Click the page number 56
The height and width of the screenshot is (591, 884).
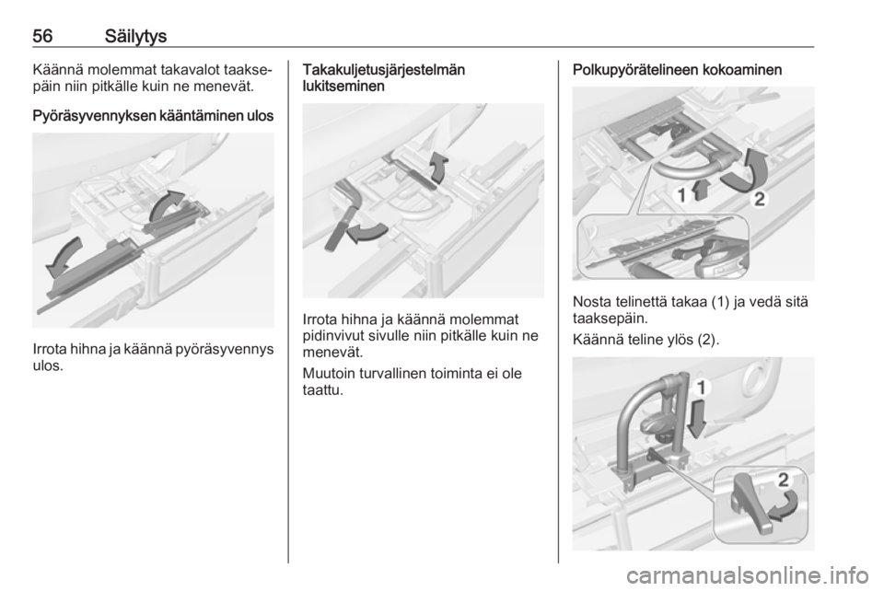coord(43,36)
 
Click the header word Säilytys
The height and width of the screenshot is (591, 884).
coord(136,37)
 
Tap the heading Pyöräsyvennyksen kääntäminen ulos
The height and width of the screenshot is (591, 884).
coord(154,117)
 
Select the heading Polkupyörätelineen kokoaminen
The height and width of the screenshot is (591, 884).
coord(677,70)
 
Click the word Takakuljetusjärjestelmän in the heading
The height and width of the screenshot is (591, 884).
coord(384,70)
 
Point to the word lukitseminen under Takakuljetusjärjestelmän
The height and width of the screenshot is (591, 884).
coord(343,87)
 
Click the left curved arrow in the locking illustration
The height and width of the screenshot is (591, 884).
coord(366,232)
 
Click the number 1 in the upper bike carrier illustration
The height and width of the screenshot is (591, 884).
coord(681,195)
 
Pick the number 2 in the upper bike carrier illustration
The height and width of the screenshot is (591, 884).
coord(760,199)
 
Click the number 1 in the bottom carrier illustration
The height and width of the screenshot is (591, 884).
coord(702,388)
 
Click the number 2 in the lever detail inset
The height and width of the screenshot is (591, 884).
coord(784,480)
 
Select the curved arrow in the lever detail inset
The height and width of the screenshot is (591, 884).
coord(785,505)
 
